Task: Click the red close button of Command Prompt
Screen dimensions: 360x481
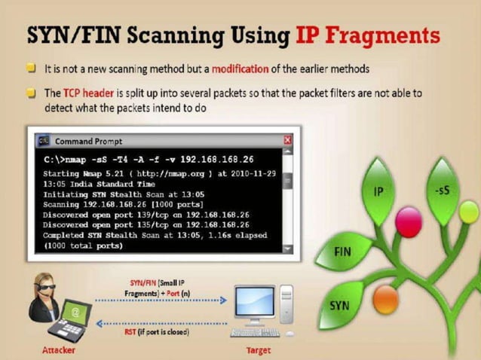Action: [x=287, y=141]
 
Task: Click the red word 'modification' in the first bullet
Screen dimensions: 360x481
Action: [x=239, y=69]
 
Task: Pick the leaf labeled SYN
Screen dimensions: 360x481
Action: [x=340, y=306]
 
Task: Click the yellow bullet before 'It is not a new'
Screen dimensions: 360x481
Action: [x=31, y=69]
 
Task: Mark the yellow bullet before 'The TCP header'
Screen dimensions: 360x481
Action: [x=31, y=93]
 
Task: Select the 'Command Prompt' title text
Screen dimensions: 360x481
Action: [x=88, y=141]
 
